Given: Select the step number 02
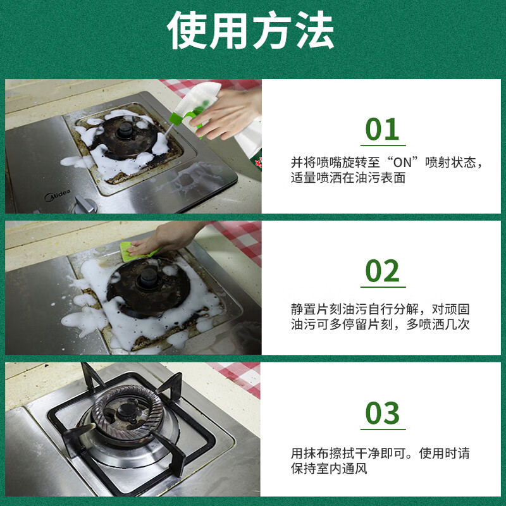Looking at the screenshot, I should [x=383, y=271].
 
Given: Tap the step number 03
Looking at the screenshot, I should [x=383, y=413].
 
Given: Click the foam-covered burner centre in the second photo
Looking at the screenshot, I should [x=149, y=278].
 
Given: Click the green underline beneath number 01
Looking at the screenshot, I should [x=383, y=145].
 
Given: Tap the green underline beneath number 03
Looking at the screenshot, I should [x=383, y=429].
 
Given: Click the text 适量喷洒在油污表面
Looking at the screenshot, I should [x=348, y=178].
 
